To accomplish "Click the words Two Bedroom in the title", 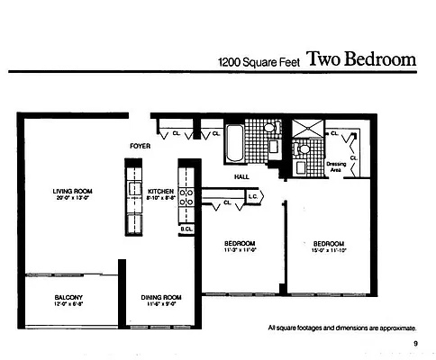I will coord(361,59).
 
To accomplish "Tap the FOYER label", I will coord(140,145).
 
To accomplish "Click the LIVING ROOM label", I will coord(72,191).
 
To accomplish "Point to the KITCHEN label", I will coord(160,191).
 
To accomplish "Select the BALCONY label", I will coord(68,297).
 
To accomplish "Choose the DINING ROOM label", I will coord(161,297).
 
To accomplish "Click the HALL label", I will coord(241,177).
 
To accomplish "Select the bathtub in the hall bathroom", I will coord(235,141).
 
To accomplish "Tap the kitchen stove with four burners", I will coord(187,198).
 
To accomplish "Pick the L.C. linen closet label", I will coord(254,195).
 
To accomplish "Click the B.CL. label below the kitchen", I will coord(186,229).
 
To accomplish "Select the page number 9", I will coord(415,344).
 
